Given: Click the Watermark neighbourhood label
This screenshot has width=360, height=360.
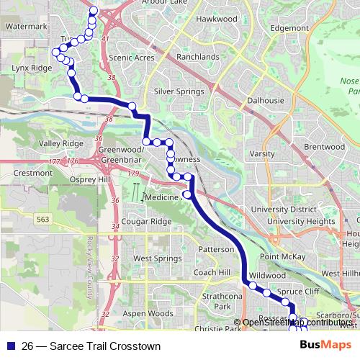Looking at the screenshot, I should (x=26, y=26).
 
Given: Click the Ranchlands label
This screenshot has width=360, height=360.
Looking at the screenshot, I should (x=197, y=57).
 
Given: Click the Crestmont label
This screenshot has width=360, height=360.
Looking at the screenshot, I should (x=33, y=173).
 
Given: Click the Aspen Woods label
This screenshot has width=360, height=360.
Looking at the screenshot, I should (x=148, y=314).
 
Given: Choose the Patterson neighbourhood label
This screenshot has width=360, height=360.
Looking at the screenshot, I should (x=215, y=249).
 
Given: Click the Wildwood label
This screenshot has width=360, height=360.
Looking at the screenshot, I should (x=267, y=275).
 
